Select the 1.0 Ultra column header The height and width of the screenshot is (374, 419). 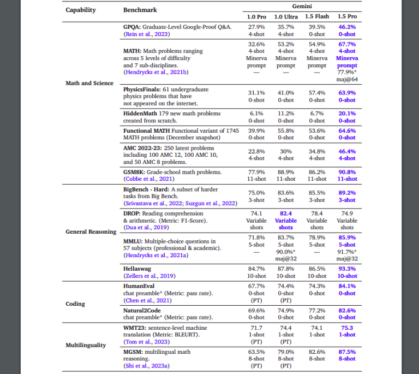[286, 16]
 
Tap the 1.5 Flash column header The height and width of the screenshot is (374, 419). [316, 16]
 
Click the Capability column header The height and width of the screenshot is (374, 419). [81, 10]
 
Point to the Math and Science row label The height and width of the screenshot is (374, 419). [89, 83]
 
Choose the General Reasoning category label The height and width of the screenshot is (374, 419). [91, 231]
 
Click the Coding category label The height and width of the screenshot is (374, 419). [75, 304]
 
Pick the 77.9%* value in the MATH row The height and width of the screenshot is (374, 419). [347, 72]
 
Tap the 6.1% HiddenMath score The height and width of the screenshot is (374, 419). [256, 114]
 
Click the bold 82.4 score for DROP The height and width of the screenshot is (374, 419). [286, 213]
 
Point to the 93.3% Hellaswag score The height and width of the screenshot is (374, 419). [347, 269]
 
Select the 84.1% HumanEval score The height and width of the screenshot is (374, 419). [347, 286]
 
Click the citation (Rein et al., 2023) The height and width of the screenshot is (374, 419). [145, 34]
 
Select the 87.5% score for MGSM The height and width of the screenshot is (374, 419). [347, 352]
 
